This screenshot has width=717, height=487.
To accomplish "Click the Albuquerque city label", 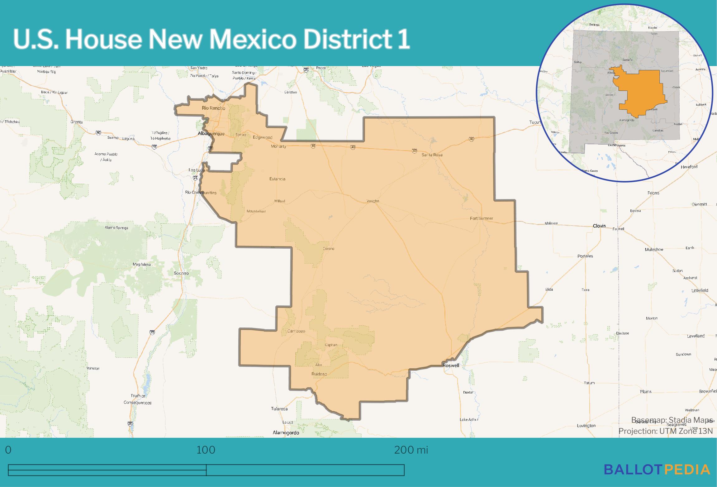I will (x=211, y=134).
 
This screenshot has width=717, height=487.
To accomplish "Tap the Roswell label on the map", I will (x=451, y=365).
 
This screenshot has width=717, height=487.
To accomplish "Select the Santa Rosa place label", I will (x=432, y=155).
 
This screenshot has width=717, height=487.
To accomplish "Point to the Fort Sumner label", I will (x=481, y=218).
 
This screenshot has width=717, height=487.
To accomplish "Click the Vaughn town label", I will (x=373, y=201).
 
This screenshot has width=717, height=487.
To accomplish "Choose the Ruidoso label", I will (x=319, y=374).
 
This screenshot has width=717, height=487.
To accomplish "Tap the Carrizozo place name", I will (x=296, y=331).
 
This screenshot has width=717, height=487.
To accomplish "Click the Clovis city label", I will (x=599, y=226).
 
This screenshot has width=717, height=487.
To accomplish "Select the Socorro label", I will (x=181, y=273).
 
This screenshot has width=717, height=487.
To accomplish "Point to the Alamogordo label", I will (x=286, y=432).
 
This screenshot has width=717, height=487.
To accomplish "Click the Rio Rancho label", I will (x=213, y=108).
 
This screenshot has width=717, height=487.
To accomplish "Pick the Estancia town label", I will (x=277, y=179).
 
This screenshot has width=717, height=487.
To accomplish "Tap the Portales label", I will (x=585, y=256).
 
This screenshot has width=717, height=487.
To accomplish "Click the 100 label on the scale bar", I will (x=206, y=450).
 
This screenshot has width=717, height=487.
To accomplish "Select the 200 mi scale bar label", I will (x=411, y=450).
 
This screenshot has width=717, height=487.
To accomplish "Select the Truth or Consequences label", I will (x=138, y=399).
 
